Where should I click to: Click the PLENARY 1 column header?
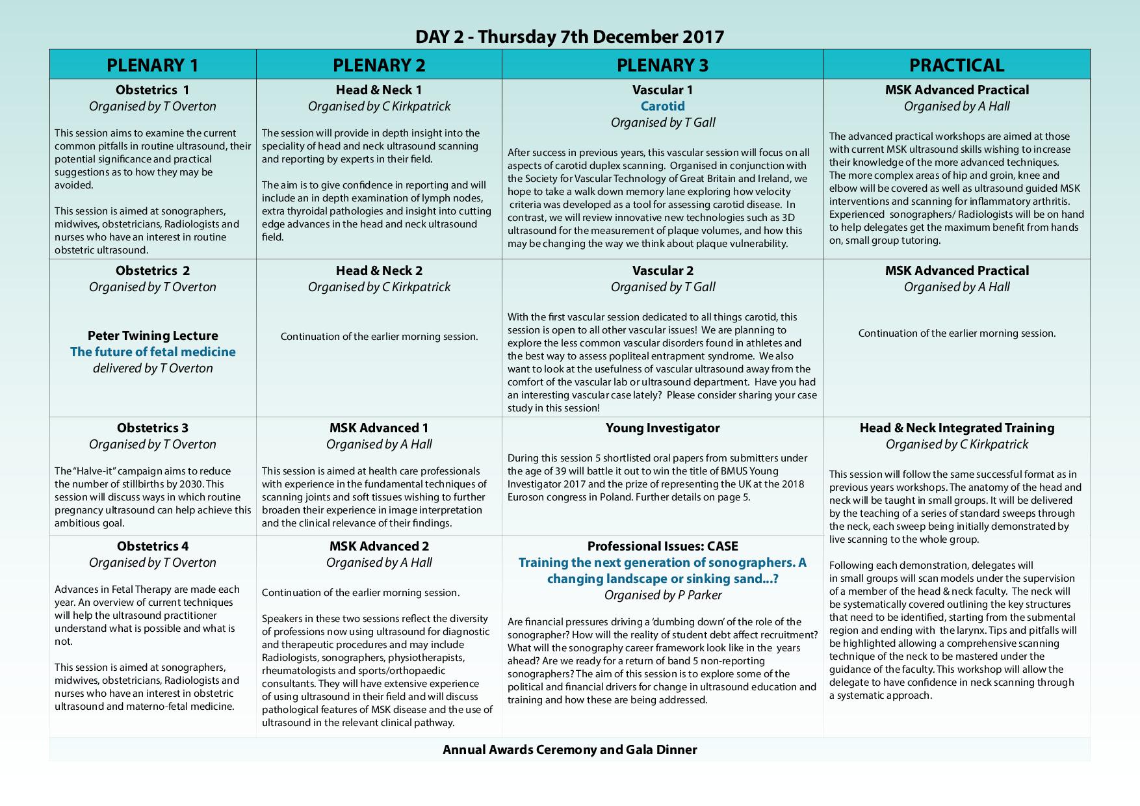[x=153, y=65]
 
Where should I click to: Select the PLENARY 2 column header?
[x=379, y=65]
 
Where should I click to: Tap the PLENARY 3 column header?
[x=662, y=65]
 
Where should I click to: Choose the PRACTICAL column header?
[x=957, y=65]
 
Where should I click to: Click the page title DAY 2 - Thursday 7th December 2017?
[x=569, y=36]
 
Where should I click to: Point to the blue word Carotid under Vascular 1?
[x=662, y=106]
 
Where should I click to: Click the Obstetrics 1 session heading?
[x=153, y=90]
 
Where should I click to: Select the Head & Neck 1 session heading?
[x=379, y=90]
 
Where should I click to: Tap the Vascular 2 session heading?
[x=662, y=270]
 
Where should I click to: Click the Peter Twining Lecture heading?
[x=153, y=335]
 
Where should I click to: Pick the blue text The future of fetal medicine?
[x=153, y=352]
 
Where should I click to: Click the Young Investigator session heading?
[x=662, y=428]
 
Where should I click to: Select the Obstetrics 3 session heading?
[x=153, y=428]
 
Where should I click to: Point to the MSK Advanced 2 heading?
[x=379, y=546]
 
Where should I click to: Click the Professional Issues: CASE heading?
[x=662, y=546]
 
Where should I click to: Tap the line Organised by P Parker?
[x=662, y=595]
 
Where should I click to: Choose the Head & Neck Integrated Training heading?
[x=957, y=428]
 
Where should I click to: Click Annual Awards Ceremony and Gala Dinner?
[x=569, y=749]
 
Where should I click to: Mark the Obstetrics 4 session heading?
[x=153, y=546]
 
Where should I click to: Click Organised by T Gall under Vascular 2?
[x=662, y=287]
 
